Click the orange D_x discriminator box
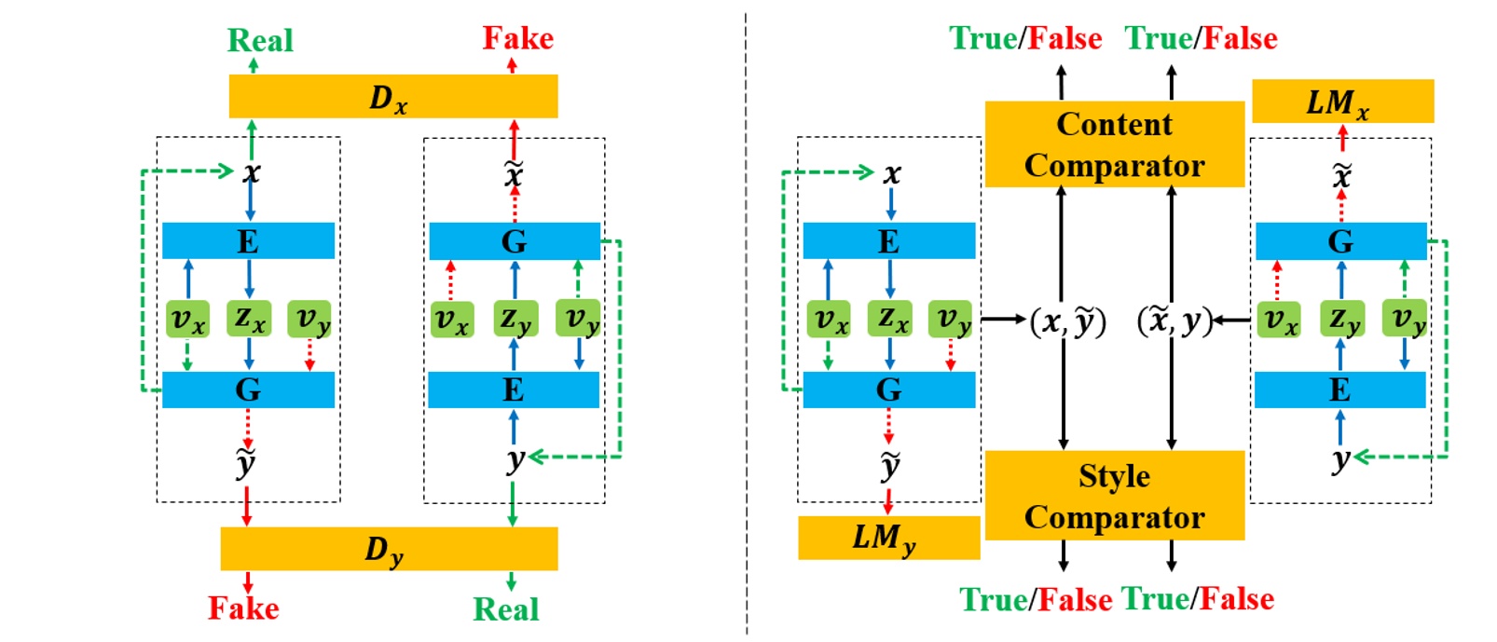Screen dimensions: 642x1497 tap(392, 96)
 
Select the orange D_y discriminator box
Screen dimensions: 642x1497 tap(389, 549)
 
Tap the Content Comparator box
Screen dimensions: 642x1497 tap(1114, 144)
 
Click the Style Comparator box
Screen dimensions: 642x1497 tap(1114, 496)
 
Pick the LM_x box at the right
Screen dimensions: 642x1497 tap(1341, 102)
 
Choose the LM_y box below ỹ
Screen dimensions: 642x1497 tap(887, 538)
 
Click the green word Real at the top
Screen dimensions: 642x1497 tap(260, 40)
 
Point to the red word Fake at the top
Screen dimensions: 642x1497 tap(517, 38)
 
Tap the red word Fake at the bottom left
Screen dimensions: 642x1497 tap(243, 608)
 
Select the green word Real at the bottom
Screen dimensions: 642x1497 tap(506, 609)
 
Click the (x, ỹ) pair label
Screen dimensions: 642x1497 tap(1067, 321)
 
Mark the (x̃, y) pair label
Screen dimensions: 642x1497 tap(1174, 321)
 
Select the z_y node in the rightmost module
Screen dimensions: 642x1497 tap(1340, 319)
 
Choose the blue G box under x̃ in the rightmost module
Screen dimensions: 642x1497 tap(1340, 241)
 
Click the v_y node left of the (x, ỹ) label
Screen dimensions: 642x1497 tap(950, 319)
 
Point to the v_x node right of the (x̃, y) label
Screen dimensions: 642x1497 tap(1278, 319)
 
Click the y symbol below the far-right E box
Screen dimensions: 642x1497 tap(1340, 459)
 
